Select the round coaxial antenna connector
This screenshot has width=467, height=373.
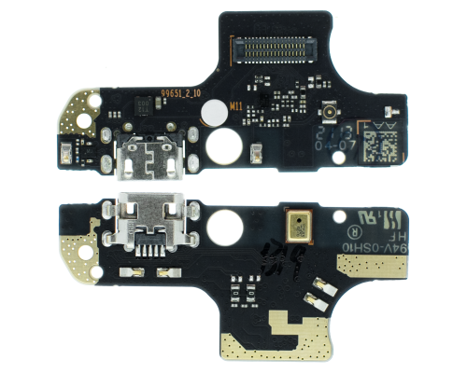330,115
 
